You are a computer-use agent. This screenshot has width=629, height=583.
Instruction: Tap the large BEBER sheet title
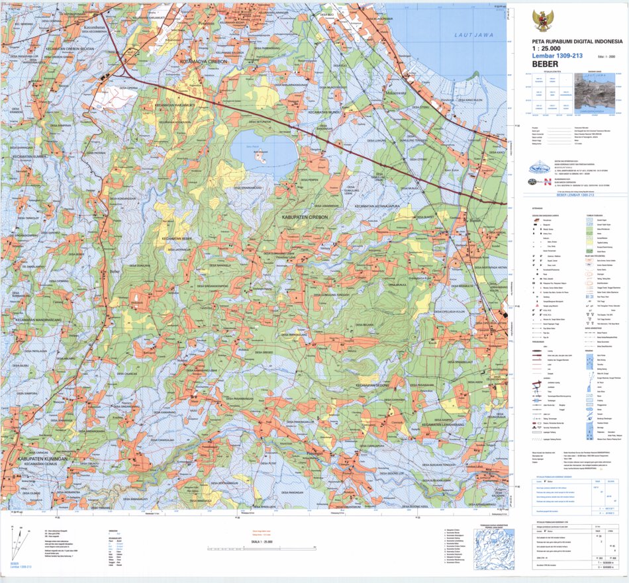click(x=550, y=64)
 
